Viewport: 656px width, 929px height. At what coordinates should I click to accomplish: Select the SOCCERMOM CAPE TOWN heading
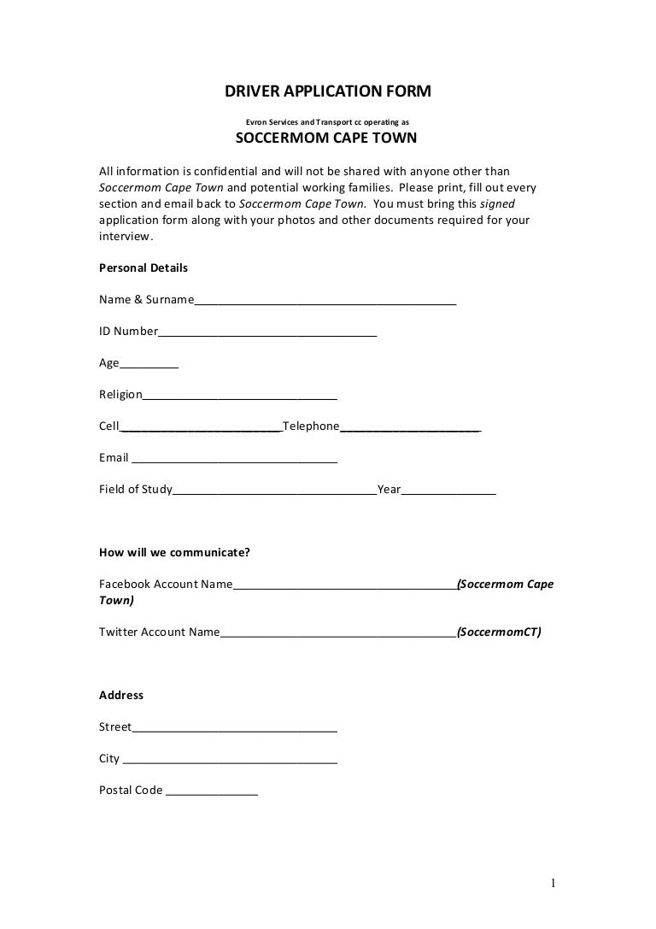(325, 138)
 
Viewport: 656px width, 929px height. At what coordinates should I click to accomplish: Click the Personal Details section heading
(143, 268)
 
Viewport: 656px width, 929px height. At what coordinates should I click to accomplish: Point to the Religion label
(120, 394)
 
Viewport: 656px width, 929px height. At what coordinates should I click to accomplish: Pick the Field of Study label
(136, 490)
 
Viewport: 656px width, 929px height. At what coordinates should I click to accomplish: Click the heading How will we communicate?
(174, 552)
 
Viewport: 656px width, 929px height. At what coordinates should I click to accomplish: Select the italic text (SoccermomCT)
(499, 632)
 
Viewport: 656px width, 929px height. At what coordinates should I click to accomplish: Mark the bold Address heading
(121, 695)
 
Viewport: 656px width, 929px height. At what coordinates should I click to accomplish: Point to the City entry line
(230, 761)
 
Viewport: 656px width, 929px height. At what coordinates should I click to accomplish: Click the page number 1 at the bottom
(553, 883)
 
